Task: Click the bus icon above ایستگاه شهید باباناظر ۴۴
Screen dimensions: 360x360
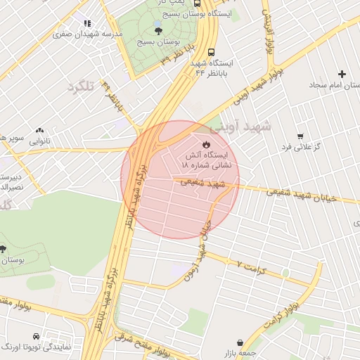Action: click(212, 52)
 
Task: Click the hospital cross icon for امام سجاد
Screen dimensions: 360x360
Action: click(342, 75)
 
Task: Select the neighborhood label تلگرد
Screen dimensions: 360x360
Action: click(81, 86)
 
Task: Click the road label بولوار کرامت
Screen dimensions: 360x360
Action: click(281, 314)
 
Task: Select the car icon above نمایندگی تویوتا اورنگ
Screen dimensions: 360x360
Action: click(45, 337)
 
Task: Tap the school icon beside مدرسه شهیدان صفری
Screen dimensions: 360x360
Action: click(87, 24)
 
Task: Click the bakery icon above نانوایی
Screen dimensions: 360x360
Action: click(39, 130)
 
